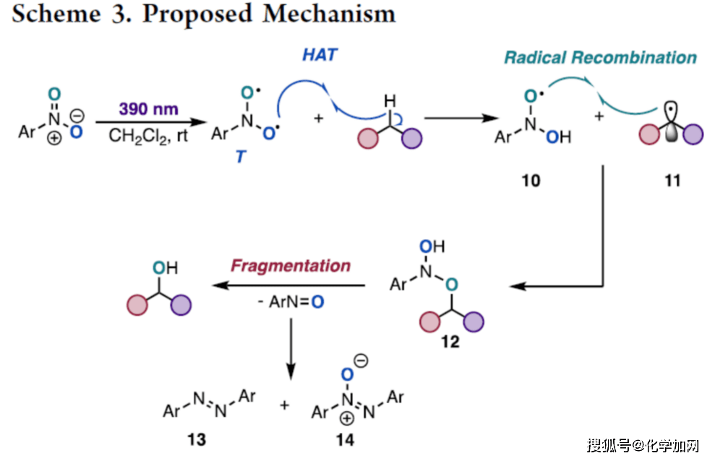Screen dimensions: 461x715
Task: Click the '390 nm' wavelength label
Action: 149,109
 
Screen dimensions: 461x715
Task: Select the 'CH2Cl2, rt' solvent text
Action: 149,135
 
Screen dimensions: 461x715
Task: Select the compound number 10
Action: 531,181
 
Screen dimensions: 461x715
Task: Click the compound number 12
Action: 450,342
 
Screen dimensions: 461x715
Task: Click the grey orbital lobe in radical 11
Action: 672,137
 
